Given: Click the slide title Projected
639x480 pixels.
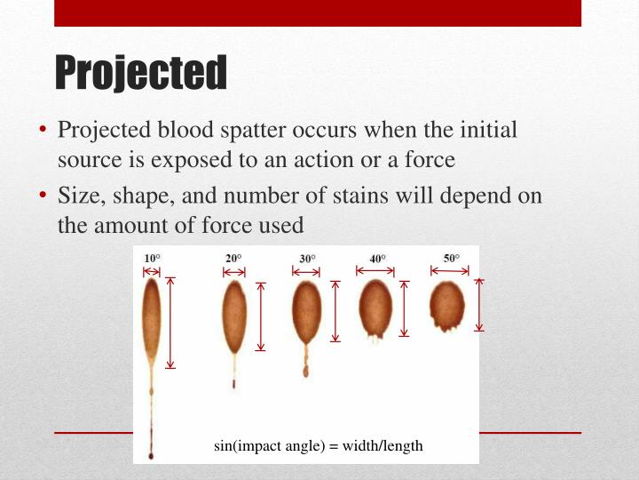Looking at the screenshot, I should pos(141,73).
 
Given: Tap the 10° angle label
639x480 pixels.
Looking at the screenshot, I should pos(153,259).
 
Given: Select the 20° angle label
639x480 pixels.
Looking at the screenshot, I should pos(233,259).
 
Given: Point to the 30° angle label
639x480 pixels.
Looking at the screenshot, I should pos(307,259).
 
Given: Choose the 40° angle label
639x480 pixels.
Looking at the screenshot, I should pos(378,259).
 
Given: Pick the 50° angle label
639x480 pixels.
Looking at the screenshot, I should pos(452,259).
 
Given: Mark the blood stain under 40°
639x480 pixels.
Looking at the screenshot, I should pos(377,307).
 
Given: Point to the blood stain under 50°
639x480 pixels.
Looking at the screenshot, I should pos(447,304).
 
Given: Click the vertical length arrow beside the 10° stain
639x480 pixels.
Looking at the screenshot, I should pos(171,322).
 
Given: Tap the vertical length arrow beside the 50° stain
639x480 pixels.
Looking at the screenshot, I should pos(479,305).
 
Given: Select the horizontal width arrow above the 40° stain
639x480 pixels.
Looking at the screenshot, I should pos(377,270).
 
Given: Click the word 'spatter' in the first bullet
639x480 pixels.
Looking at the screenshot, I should pos(251,130).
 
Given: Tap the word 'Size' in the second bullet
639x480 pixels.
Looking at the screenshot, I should pos(78,196).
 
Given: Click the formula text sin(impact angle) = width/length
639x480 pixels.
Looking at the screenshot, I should pos(319,446).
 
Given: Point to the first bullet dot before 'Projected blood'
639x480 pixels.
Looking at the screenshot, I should pos(43,131).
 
